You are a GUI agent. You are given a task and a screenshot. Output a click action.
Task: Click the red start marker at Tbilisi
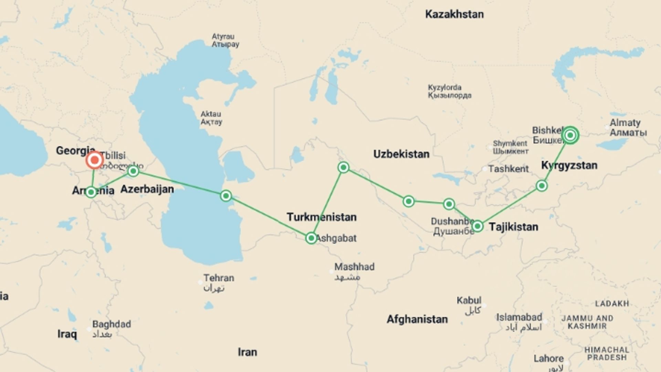[x=94, y=160]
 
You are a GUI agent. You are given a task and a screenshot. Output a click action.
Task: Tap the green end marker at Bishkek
[x=570, y=135]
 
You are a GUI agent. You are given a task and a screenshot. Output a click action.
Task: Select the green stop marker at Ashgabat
[x=311, y=238]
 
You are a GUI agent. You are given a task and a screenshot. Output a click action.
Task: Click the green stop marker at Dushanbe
[x=477, y=226]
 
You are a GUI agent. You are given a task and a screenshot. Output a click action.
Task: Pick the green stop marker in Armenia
[x=91, y=192]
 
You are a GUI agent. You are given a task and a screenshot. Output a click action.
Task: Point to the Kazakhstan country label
[x=454, y=14]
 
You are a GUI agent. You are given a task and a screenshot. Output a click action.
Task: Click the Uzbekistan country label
[x=401, y=154]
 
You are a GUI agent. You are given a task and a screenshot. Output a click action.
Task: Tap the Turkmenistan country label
[x=322, y=217]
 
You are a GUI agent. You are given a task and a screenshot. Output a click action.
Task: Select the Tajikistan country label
[x=513, y=227]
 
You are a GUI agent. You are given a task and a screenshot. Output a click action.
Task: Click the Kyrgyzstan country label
[x=569, y=165]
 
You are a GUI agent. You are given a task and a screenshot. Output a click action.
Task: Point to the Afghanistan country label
[x=417, y=319]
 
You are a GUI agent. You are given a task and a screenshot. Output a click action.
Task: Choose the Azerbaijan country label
[x=147, y=189]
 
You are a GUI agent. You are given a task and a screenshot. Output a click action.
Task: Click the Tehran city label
[x=218, y=278]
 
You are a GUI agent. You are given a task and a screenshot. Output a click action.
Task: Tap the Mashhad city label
[x=354, y=267]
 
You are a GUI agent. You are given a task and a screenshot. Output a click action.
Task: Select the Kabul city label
[x=469, y=300]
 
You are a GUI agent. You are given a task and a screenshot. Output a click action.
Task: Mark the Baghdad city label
[x=111, y=324]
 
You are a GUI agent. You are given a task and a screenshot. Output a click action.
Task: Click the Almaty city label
[x=625, y=123]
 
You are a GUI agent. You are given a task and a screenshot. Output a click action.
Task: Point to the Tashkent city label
[x=508, y=169]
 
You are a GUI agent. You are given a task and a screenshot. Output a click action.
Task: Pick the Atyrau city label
[x=223, y=37]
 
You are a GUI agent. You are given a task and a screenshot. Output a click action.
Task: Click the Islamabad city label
[x=519, y=317]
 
